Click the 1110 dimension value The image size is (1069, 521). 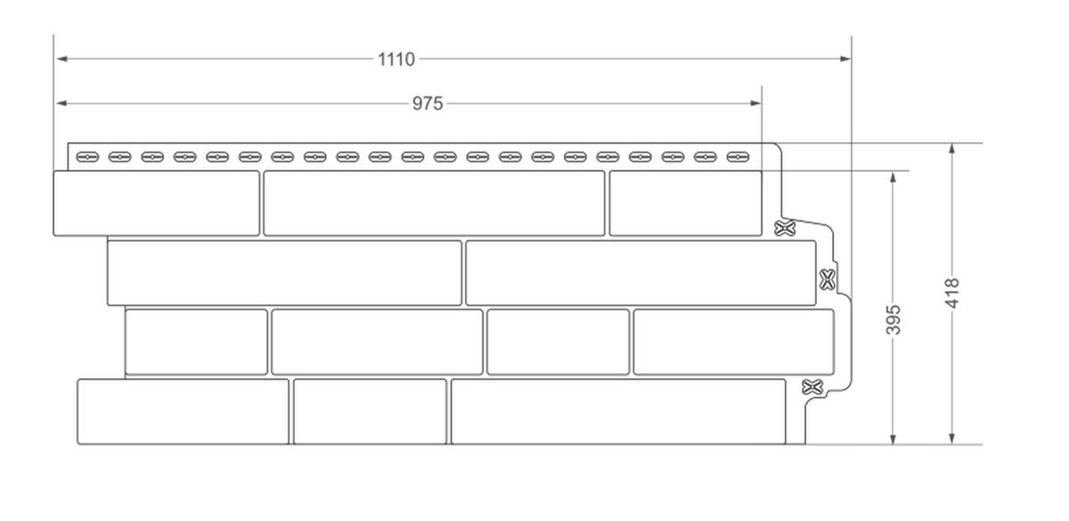[x=396, y=60]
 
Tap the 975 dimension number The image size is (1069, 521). [x=428, y=103]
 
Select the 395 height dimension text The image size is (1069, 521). [x=894, y=320]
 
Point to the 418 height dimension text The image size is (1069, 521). [x=952, y=293]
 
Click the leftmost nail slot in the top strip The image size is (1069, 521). [x=87, y=157]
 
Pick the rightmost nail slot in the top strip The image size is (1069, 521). [x=738, y=157]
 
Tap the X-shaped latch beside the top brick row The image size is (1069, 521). [x=785, y=228]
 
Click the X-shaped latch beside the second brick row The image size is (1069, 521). [x=828, y=280]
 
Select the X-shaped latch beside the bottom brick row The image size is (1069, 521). [x=812, y=387]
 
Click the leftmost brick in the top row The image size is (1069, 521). [x=157, y=203]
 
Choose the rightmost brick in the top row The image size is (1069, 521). [x=686, y=203]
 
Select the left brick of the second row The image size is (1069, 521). [x=284, y=273]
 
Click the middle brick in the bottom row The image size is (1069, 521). [x=371, y=411]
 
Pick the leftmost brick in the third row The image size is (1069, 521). [x=196, y=342]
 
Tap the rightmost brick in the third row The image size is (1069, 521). [x=734, y=342]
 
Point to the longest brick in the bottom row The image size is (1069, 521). [x=618, y=411]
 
